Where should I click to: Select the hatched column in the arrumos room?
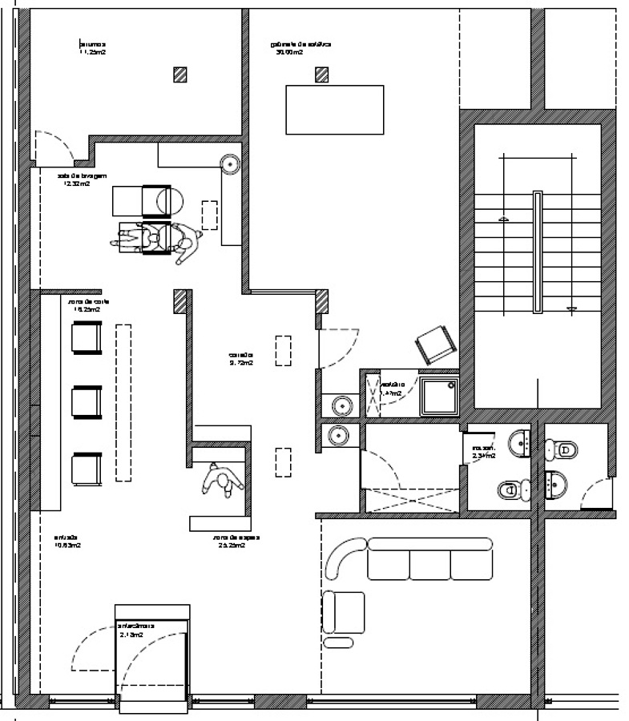(x=183, y=75)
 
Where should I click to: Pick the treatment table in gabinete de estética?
(x=335, y=110)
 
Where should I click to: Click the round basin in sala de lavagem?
(x=231, y=164)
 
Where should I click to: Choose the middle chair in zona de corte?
(x=87, y=401)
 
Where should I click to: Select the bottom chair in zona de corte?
(x=87, y=467)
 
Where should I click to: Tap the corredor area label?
(x=240, y=357)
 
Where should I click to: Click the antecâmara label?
(x=135, y=629)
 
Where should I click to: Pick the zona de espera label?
(x=230, y=541)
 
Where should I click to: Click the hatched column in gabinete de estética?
(x=322, y=75)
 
